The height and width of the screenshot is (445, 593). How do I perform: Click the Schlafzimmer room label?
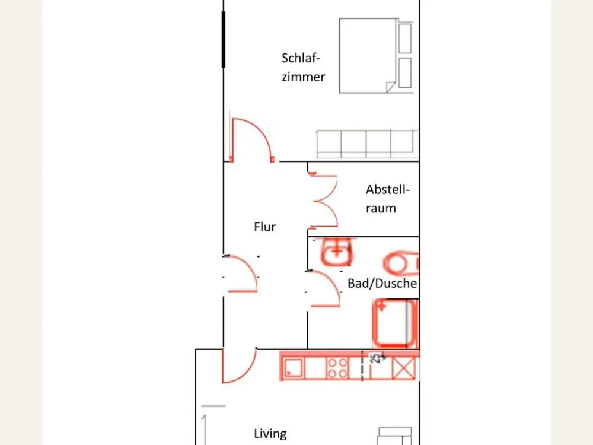click(303, 68)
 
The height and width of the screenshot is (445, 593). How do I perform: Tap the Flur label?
click(264, 227)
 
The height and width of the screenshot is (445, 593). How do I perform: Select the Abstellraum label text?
click(388, 199)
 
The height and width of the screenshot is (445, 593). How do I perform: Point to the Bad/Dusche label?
click(382, 284)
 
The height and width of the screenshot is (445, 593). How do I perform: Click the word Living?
click(270, 434)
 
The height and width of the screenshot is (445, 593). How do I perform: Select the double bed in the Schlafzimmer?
click(375, 56)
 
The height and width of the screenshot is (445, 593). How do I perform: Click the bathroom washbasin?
click(337, 251)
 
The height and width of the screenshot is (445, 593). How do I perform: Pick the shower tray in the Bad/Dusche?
click(395, 323)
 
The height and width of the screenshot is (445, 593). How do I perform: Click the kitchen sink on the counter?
click(294, 368)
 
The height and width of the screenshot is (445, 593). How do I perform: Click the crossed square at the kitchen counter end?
click(404, 368)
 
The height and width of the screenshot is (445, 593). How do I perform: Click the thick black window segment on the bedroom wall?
click(224, 39)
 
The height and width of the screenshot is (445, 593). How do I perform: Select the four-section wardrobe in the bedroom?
click(367, 144)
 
